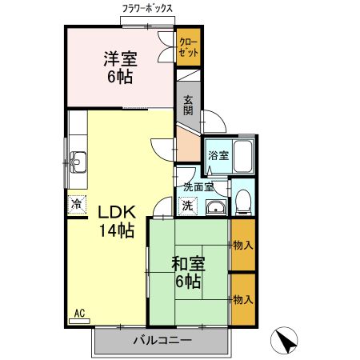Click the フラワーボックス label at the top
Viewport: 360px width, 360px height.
pos(148,8)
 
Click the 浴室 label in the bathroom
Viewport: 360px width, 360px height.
pos(218,155)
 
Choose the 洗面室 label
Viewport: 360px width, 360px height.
pos(198,187)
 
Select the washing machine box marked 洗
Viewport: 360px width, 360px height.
pos(186,205)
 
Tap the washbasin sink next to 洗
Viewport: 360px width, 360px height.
pos(214,209)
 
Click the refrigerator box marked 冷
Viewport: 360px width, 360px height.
pos(77,205)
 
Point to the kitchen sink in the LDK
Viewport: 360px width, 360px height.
pos(78,160)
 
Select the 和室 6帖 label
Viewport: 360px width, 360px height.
pos(187,271)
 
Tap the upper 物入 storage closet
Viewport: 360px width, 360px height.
pos(242,246)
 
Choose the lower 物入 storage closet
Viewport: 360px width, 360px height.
pos(242,299)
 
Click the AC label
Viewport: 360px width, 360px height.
pos(79,313)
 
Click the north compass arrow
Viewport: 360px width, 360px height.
pos(286,342)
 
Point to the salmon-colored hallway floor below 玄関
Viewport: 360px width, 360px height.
pos(187,144)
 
